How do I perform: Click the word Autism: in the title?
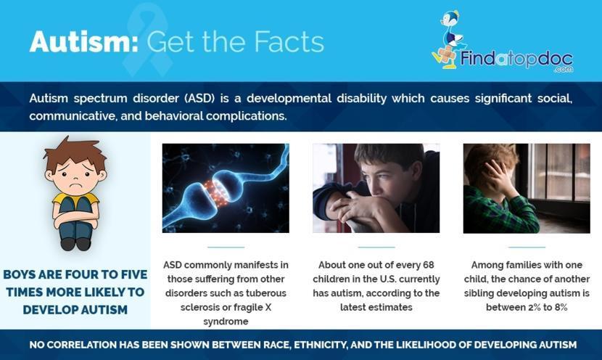(x=83, y=41)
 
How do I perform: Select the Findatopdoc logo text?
(x=516, y=60)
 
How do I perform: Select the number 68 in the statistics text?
(x=428, y=265)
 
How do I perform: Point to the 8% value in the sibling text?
(x=561, y=307)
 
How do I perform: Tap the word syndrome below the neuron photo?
(x=226, y=322)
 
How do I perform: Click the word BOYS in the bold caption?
(x=19, y=274)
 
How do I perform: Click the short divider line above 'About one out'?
(x=376, y=247)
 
